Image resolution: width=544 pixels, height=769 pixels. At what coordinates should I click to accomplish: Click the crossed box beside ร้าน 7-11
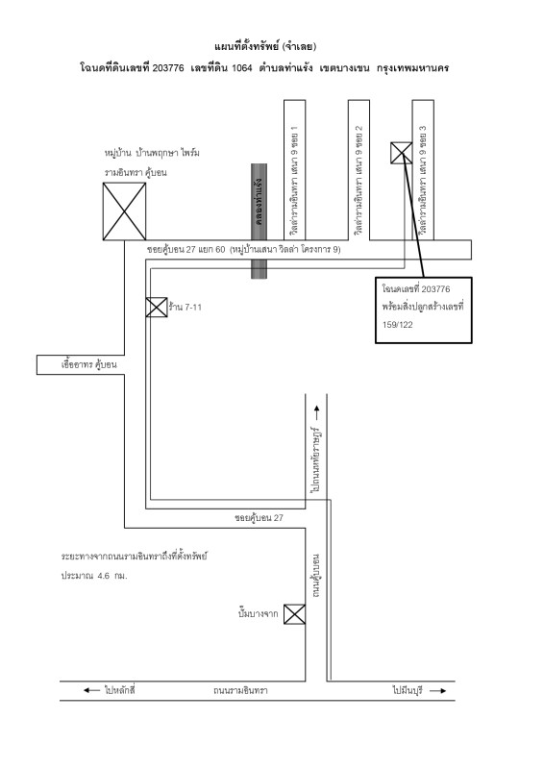pos(157,307)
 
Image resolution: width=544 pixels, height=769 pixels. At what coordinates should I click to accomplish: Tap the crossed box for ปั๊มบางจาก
pos(295,614)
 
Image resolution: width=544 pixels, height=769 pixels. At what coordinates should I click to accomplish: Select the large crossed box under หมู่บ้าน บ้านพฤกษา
pos(124,211)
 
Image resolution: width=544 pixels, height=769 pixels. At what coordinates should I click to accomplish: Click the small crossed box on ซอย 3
pos(401,153)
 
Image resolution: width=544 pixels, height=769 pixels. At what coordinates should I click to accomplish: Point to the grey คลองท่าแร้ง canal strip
pos(259,221)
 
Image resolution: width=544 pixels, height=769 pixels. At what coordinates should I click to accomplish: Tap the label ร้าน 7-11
pos(185,308)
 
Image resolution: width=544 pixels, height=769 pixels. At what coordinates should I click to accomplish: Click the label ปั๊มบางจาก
pos(258,613)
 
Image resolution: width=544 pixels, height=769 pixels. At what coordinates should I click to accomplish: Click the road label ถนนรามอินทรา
pos(240,690)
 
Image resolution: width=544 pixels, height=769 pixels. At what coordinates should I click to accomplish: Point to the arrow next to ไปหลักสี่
pos(91,690)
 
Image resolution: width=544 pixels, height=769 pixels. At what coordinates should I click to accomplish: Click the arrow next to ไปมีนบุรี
pos(438,690)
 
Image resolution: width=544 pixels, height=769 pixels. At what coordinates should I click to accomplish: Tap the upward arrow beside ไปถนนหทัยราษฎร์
pos(316,413)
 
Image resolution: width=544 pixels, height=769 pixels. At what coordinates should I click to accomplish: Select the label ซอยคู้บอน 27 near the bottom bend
pos(259,517)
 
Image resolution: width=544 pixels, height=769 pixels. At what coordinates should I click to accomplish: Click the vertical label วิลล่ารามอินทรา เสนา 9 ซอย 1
pos(294,181)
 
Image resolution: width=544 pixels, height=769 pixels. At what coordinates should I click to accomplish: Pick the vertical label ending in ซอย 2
pos(359,181)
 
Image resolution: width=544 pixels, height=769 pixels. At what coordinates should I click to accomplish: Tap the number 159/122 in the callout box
pos(398,325)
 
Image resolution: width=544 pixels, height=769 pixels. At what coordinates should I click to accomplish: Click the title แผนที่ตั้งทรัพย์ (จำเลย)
pos(265,46)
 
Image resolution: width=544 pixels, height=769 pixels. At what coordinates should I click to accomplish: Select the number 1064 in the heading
pos(242,68)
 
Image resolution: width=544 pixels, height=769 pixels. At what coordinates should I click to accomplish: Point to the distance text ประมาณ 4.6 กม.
pos(94,576)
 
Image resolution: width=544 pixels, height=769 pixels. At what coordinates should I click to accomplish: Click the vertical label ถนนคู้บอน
pos(316,575)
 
